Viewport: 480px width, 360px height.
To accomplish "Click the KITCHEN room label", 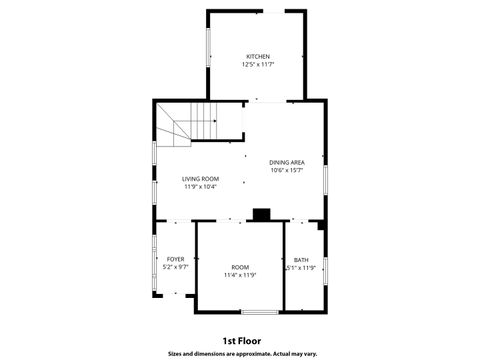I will pos(258,56).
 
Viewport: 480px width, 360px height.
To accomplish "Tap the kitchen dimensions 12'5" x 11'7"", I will pos(258,64).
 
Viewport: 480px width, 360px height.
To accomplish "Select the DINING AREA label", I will pos(287,162).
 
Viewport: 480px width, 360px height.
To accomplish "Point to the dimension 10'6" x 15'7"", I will pos(287,170).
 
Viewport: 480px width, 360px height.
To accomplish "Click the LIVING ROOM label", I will pos(200,179).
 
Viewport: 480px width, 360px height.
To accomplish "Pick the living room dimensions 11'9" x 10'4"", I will pos(200,187).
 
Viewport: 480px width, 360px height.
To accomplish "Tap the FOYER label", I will pos(176,259).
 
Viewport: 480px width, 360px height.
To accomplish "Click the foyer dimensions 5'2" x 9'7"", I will pos(176,267).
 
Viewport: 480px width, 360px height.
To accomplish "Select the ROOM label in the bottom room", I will pos(240,267).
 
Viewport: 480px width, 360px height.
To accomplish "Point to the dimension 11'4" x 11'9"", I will pos(240,275).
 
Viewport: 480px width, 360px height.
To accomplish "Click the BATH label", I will pos(301,260).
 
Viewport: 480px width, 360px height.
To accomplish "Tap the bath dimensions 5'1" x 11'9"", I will pos(301,268).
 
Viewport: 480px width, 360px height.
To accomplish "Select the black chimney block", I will pos(262,213).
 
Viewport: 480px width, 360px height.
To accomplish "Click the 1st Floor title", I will pos(241,340).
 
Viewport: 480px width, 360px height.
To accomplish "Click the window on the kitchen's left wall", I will pos(208,45).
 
